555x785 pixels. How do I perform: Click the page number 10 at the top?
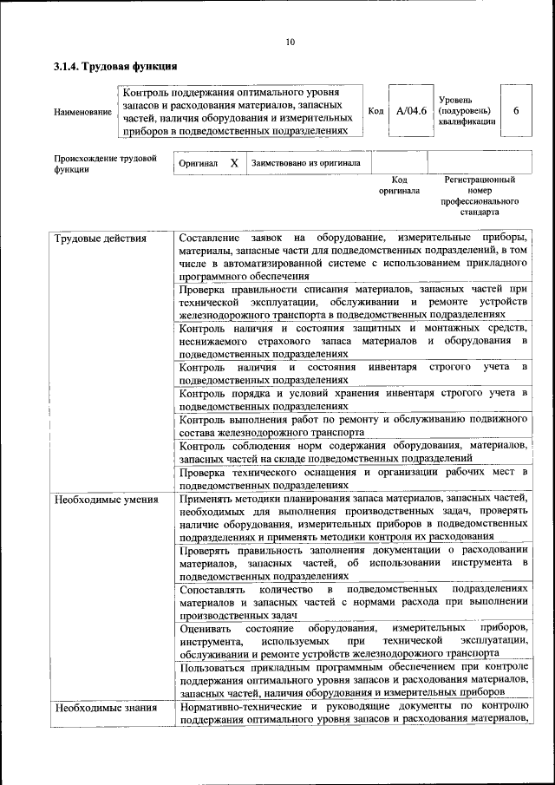291,42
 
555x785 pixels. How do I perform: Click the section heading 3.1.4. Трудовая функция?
115,66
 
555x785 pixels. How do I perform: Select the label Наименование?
83,112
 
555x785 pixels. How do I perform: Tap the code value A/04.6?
411,111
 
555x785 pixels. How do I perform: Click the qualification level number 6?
517,111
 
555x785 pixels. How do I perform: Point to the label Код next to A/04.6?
375,111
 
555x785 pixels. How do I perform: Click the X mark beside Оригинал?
234,163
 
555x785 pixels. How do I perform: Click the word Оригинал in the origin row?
198,163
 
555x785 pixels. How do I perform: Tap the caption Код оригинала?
399,185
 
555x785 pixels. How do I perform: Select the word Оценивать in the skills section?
206,627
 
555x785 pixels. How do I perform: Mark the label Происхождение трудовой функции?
105,164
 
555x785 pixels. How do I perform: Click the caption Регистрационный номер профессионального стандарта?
480,195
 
